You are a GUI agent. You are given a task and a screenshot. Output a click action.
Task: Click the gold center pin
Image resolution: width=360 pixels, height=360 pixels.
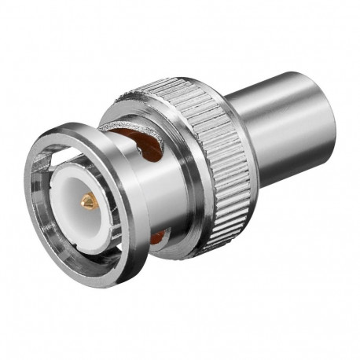pyautogui.click(x=88, y=203)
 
